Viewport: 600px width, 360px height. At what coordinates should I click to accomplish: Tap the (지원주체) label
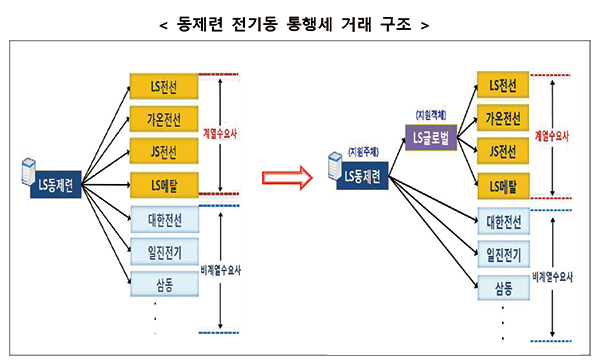tap(362, 152)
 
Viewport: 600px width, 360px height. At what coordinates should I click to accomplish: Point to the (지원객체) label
tap(430, 117)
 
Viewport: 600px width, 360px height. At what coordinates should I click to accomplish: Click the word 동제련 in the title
tap(209, 21)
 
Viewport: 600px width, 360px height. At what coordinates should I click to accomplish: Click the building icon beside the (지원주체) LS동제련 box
tap(332, 164)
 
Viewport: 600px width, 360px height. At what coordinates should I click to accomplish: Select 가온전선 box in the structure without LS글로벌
tap(163, 120)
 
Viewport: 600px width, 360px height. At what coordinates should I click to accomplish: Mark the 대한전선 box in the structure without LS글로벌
tap(163, 217)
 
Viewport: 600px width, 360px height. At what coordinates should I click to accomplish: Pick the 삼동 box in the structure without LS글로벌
tap(163, 285)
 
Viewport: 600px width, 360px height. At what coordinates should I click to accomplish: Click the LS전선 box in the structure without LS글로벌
tap(163, 86)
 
